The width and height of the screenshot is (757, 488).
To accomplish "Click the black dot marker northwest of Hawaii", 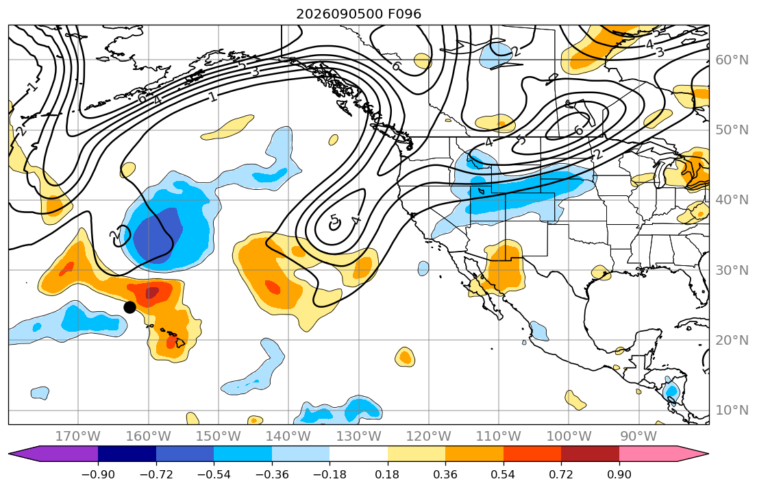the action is pyautogui.click(x=129, y=307).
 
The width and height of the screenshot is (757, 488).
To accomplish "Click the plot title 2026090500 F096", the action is pyautogui.click(x=358, y=14).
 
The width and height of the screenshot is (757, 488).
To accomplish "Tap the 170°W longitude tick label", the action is pyautogui.click(x=77, y=437).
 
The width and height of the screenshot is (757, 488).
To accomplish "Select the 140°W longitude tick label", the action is pyautogui.click(x=288, y=437).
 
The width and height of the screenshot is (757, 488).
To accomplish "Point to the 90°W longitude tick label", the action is pyautogui.click(x=638, y=437).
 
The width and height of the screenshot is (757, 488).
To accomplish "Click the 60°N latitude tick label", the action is pyautogui.click(x=732, y=60).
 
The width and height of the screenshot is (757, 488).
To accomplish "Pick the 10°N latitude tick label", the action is pyautogui.click(x=732, y=411).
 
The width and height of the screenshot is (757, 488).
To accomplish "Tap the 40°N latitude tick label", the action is pyautogui.click(x=732, y=200).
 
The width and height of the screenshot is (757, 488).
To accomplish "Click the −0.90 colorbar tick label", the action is pyautogui.click(x=98, y=474).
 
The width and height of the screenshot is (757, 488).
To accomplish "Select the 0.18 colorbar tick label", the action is pyautogui.click(x=387, y=474).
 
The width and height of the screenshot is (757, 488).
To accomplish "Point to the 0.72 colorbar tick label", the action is pyautogui.click(x=561, y=474).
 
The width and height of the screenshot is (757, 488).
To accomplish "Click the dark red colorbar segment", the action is pyautogui.click(x=590, y=454).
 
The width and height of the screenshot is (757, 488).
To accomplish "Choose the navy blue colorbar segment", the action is pyautogui.click(x=127, y=454).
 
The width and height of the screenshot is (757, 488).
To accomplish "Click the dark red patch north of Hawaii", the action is pyautogui.click(x=152, y=293).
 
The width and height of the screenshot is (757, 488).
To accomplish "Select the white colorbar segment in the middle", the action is pyautogui.click(x=358, y=454).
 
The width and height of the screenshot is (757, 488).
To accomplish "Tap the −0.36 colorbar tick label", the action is pyautogui.click(x=272, y=474).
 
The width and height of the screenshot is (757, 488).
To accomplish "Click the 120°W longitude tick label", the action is pyautogui.click(x=428, y=437).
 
